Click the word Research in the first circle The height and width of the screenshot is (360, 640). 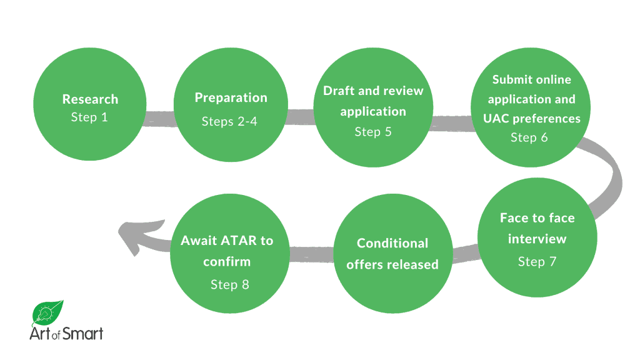(x=90, y=99)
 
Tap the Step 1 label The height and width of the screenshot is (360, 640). (x=89, y=117)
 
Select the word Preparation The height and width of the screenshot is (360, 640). (x=231, y=97)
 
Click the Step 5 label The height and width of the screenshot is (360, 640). (x=373, y=132)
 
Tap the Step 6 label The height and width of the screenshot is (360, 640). (x=529, y=137)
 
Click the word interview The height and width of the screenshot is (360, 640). (x=537, y=239)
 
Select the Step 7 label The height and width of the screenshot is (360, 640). (x=537, y=261)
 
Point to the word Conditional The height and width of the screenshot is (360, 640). (x=392, y=243)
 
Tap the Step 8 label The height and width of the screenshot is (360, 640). (x=229, y=284)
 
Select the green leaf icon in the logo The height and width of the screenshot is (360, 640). (x=48, y=312)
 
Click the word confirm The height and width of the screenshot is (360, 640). (x=227, y=261)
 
